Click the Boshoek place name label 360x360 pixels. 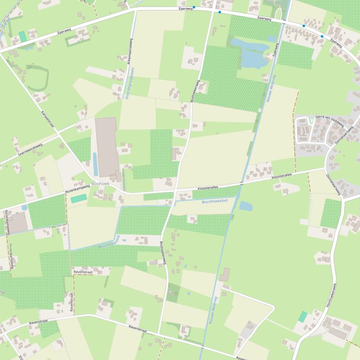(x=101, y=184)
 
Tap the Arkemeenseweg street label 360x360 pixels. (x=127, y=50)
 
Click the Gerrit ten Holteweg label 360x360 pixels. (x=330, y=121)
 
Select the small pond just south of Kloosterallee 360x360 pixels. (x=246, y=206)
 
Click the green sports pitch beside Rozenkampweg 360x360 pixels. (x=79, y=199)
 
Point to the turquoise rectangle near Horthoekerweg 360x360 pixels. (x=303, y=317)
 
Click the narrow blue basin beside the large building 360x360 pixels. (x=96, y=164)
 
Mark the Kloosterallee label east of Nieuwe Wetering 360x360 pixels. (x=282, y=176)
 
